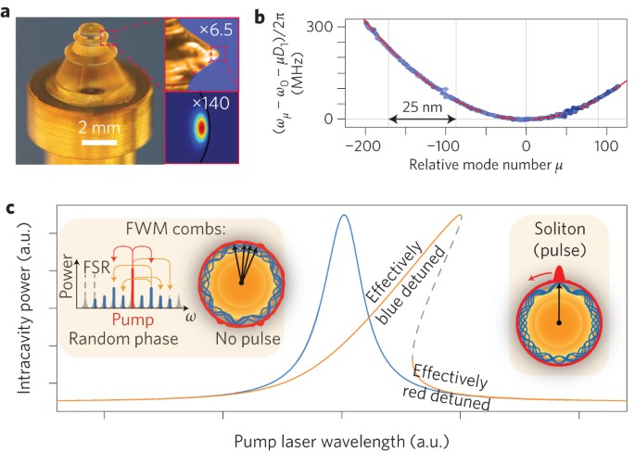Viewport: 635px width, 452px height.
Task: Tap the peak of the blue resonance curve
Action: [343, 216]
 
